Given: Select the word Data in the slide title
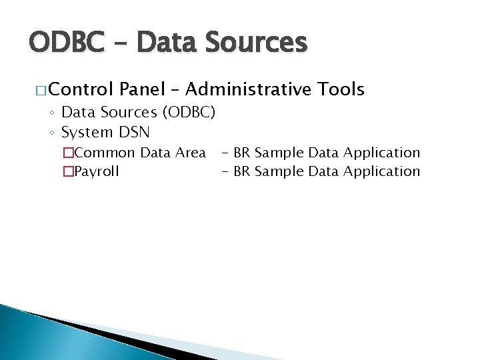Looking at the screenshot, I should [x=169, y=43].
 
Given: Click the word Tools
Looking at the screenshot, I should [x=341, y=89].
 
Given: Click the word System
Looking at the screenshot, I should [x=86, y=133].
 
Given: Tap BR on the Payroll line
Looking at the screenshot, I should [x=242, y=171].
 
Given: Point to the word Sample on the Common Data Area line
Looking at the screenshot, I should [x=279, y=153].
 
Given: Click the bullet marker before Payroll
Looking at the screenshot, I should [x=67, y=172].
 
